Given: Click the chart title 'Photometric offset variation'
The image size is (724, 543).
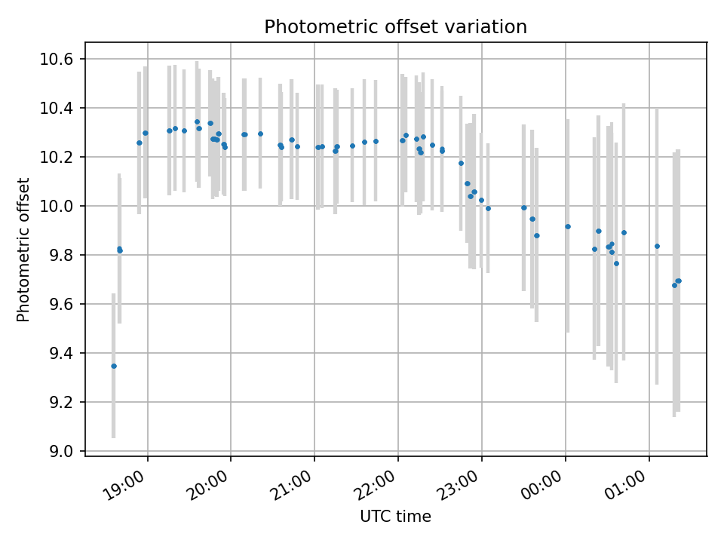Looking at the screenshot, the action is (395, 27).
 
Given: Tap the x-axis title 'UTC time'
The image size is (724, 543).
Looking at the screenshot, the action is (395, 516).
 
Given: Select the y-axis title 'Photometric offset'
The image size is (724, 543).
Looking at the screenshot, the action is (23, 250).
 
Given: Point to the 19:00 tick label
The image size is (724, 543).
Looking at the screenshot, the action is (123, 485).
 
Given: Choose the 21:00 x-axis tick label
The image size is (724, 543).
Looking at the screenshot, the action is (290, 485).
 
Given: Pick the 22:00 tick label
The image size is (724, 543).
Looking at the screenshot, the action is (374, 485).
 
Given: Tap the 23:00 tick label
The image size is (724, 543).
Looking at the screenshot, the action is (458, 485).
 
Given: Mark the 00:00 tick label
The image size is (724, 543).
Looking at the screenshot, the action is (541, 485).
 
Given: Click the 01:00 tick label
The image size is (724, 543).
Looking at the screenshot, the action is (625, 485).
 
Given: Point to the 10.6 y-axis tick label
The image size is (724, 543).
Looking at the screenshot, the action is (56, 59).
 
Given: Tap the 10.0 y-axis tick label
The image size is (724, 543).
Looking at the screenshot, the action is (56, 206).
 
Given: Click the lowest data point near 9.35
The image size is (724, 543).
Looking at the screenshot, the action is (114, 367).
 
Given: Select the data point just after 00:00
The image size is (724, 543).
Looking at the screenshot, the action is (568, 226).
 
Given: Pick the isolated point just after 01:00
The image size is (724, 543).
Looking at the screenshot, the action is (657, 246).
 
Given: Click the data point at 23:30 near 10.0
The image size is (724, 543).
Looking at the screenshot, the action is (524, 208).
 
